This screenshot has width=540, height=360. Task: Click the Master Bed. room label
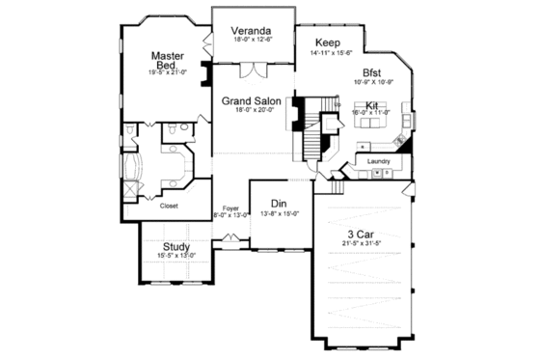tap(167, 60)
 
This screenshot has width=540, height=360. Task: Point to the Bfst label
tap(372, 72)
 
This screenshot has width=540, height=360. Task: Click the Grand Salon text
tap(251, 100)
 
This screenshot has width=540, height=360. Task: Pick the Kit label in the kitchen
tap(371, 104)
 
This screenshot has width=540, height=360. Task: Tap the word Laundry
tap(378, 160)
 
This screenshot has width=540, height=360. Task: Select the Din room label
tap(278, 204)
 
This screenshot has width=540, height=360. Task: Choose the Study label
tap(175, 246)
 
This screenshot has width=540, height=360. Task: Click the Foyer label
tap(230, 208)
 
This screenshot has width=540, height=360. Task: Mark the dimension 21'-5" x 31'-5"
tap(362, 243)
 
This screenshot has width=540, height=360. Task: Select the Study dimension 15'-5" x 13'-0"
tap(175, 256)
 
